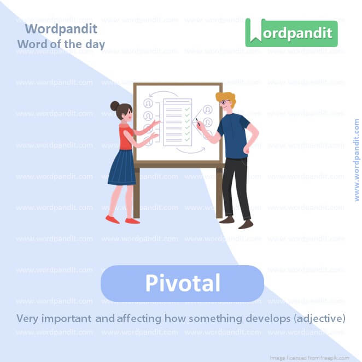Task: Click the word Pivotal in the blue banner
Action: click(183, 283)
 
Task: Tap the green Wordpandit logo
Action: click(291, 33)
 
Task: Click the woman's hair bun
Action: click(115, 106)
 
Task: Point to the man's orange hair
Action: click(226, 98)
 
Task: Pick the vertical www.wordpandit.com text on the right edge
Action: click(357, 160)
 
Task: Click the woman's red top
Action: click(126, 138)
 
